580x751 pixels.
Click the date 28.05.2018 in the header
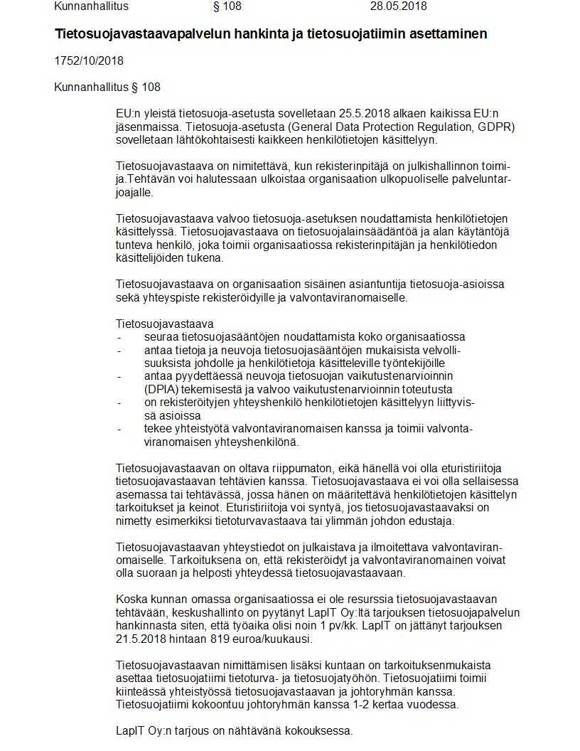tap(398, 6)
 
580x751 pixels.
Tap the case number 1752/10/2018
tap(89, 60)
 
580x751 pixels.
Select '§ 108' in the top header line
tap(227, 6)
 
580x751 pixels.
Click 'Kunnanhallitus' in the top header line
tap(92, 6)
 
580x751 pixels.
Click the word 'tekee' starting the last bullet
tap(157, 429)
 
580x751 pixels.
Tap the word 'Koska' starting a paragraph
tap(130, 599)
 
